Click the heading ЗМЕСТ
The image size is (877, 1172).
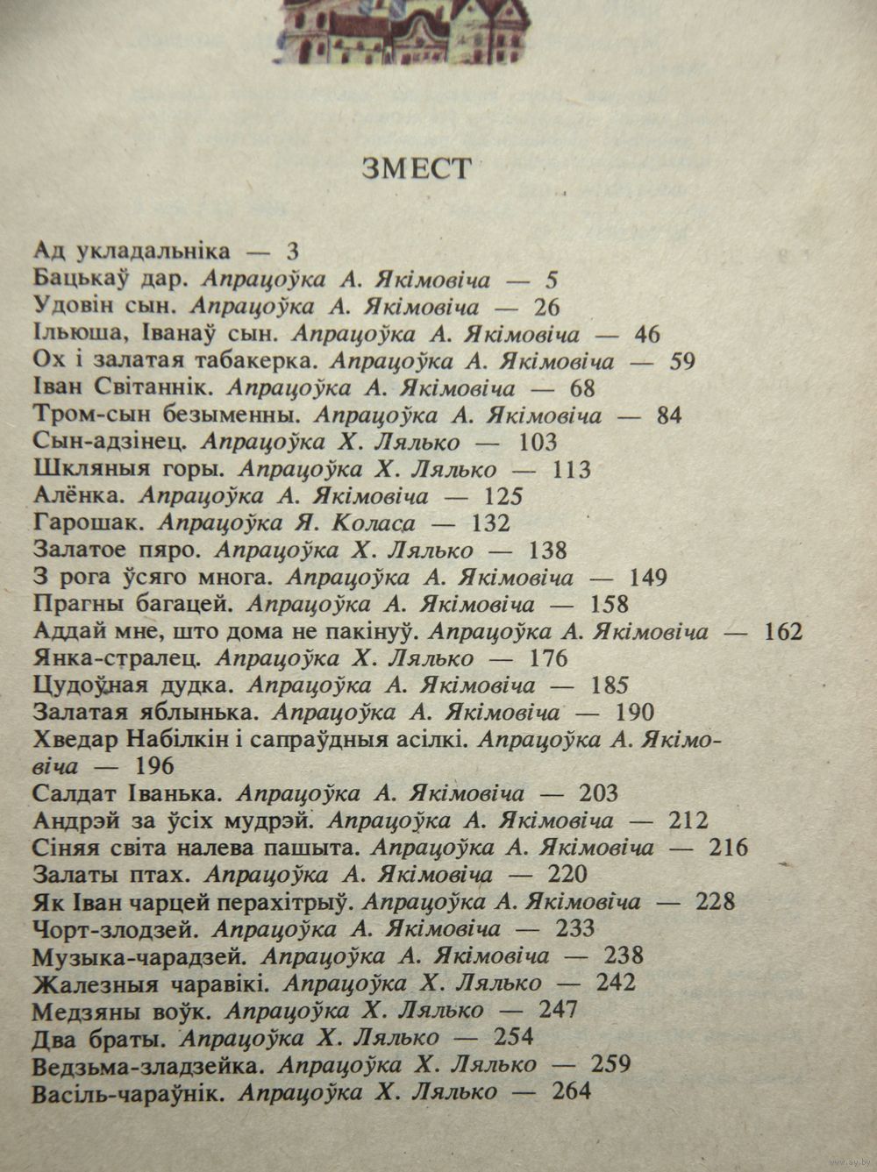click(x=417, y=168)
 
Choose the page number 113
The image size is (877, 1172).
click(x=574, y=470)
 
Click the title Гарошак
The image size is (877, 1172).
click(x=86, y=524)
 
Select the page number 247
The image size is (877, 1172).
click(x=559, y=1010)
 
